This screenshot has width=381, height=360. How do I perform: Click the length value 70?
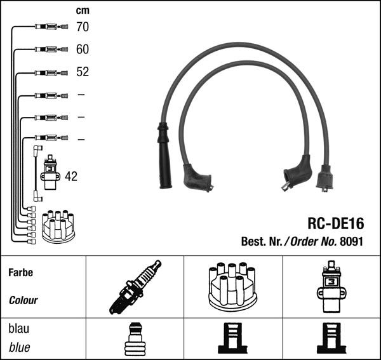tap(83, 27)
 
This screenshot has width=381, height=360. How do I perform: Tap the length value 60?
tap(83, 49)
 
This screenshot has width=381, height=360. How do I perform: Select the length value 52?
tap(83, 72)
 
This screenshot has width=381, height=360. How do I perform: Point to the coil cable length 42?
tap(71, 177)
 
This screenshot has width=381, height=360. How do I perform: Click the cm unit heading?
tap(83, 11)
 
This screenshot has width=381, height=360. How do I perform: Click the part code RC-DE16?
tap(336, 223)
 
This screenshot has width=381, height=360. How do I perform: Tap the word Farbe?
tap(21, 272)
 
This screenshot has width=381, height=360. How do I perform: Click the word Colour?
tap(23, 300)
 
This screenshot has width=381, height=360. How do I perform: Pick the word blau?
tap(18, 328)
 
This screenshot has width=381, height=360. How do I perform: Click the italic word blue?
tap(20, 347)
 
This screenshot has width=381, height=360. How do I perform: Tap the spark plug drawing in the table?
tap(135, 287)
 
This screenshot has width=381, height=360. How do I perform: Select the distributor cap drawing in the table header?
tap(233, 287)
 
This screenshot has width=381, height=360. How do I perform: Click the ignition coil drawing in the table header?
tap(331, 286)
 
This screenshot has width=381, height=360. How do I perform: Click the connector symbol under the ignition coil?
tap(331, 338)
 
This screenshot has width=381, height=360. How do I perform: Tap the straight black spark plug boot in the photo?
tap(164, 156)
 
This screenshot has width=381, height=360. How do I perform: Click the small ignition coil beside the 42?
tap(50, 172)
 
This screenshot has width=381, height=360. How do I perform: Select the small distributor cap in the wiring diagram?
tap(58, 227)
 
